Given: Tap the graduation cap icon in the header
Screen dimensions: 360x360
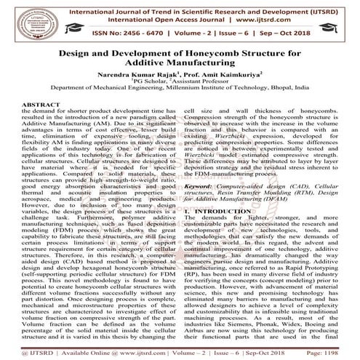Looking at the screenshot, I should click(340, 20).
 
